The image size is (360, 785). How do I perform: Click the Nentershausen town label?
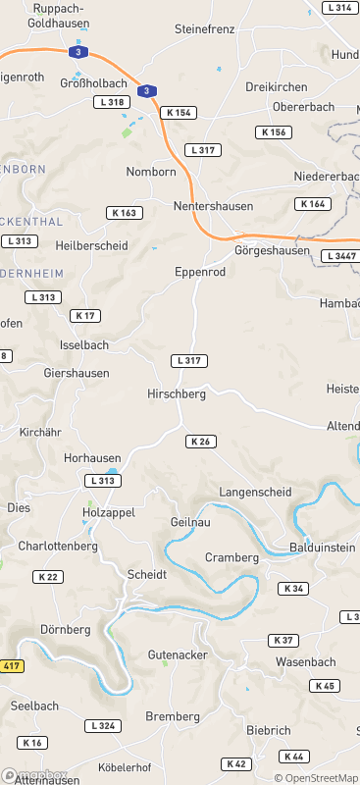tap(213, 207)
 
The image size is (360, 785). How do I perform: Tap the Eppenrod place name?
tap(200, 271)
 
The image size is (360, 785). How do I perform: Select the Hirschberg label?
tap(176, 393)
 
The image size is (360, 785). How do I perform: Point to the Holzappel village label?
tap(108, 512)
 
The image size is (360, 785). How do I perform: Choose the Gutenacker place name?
tap(177, 654)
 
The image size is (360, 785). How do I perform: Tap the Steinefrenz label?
tap(204, 29)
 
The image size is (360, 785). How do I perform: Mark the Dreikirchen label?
tap(276, 86)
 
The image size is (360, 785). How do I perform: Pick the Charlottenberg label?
tap(58, 546)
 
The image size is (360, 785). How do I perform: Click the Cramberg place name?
tap(231, 557)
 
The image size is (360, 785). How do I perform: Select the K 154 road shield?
tap(180, 113)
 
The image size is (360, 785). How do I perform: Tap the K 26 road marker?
tap(200, 442)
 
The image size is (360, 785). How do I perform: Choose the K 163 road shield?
tap(124, 213)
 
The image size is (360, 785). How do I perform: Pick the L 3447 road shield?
tap(339, 256)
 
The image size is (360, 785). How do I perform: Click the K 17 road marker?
tap(85, 316)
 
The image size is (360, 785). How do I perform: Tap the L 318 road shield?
tap(111, 102)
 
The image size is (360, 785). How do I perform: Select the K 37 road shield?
tap(283, 640)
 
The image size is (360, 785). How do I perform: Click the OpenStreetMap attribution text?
tap(316, 778)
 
